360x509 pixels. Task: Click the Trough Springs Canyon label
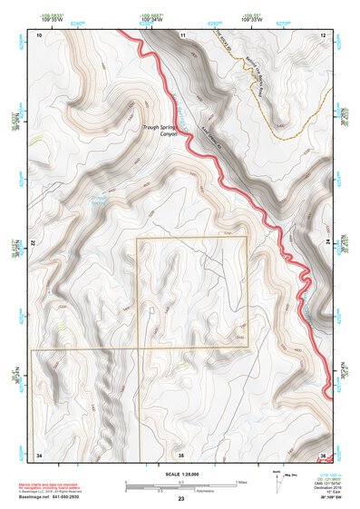pos(160,132)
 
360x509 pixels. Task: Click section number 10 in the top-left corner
pos(39,34)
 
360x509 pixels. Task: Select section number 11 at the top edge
pos(181,34)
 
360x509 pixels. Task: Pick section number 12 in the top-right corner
pos(322,34)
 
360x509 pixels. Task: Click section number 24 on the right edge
pos(326,245)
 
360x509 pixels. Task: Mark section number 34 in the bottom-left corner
pos(39,454)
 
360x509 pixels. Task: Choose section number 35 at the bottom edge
pos(181,454)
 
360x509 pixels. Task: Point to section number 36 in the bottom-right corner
pos(322,454)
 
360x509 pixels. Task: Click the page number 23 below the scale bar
pos(181,498)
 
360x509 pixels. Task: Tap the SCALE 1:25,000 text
pos(180,475)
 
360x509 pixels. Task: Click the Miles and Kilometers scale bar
pos(181,484)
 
